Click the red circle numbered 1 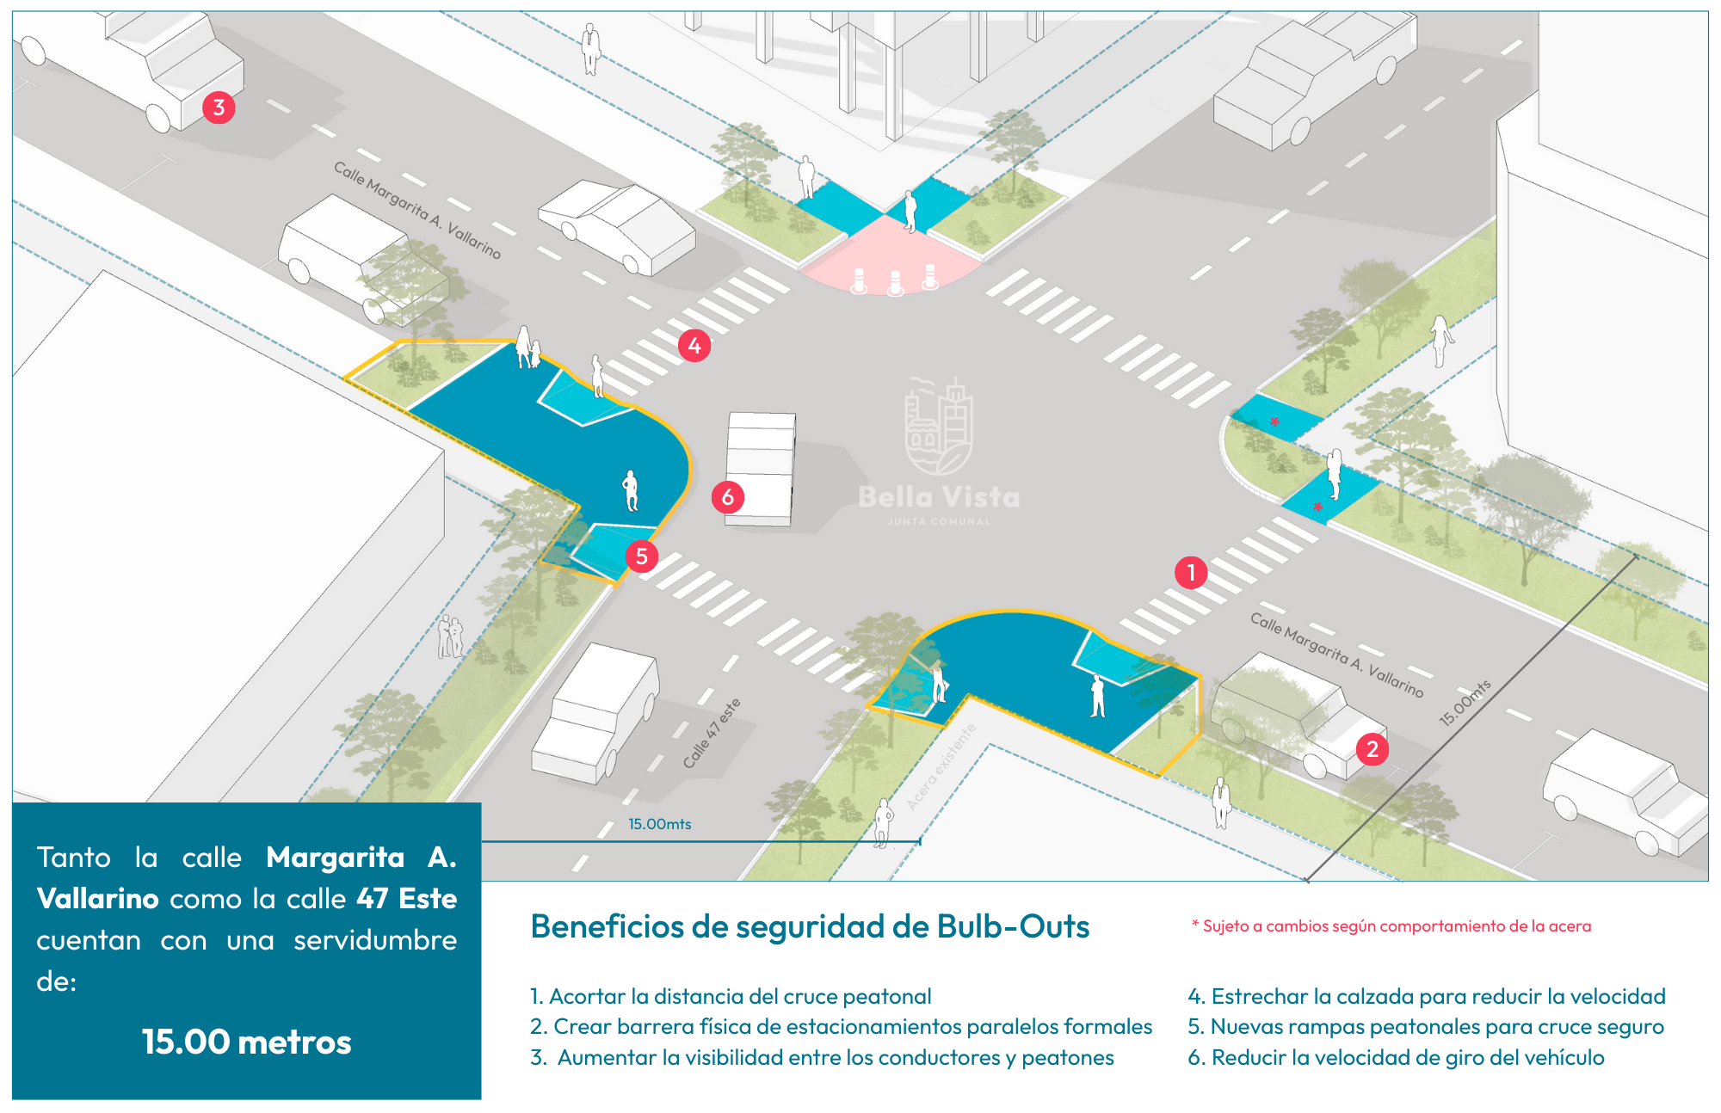coord(1191,572)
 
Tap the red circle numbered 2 coord(1372,749)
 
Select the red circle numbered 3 coord(219,108)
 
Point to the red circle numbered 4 coord(694,346)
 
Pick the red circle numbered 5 coord(642,556)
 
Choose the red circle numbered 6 coord(728,497)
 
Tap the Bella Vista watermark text coord(939,497)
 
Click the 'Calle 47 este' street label coord(712,734)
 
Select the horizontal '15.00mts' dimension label coord(659,824)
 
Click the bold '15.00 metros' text coord(247,1042)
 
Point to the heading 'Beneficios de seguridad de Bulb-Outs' coord(810,926)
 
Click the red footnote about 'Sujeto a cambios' coord(1391,926)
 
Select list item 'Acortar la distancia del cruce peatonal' coord(731,996)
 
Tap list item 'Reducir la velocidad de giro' coord(1396,1057)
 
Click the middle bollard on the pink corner coord(895,282)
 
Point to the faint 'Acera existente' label coord(941,766)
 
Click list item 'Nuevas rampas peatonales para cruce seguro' coord(1426,1026)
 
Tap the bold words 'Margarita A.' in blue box coord(361,857)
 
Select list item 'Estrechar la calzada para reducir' coord(1427,996)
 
